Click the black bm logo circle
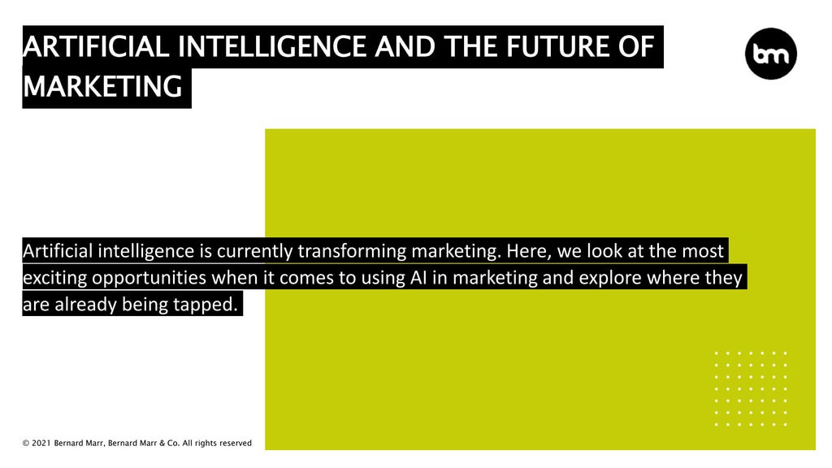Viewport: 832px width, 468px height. [770, 53]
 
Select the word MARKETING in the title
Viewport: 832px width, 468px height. [103, 86]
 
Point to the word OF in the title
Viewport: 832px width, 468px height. [636, 47]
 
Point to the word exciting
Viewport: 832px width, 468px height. [54, 278]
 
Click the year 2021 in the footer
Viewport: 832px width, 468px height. [41, 444]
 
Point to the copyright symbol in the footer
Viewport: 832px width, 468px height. [26, 444]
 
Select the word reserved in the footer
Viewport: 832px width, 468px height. [234, 444]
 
